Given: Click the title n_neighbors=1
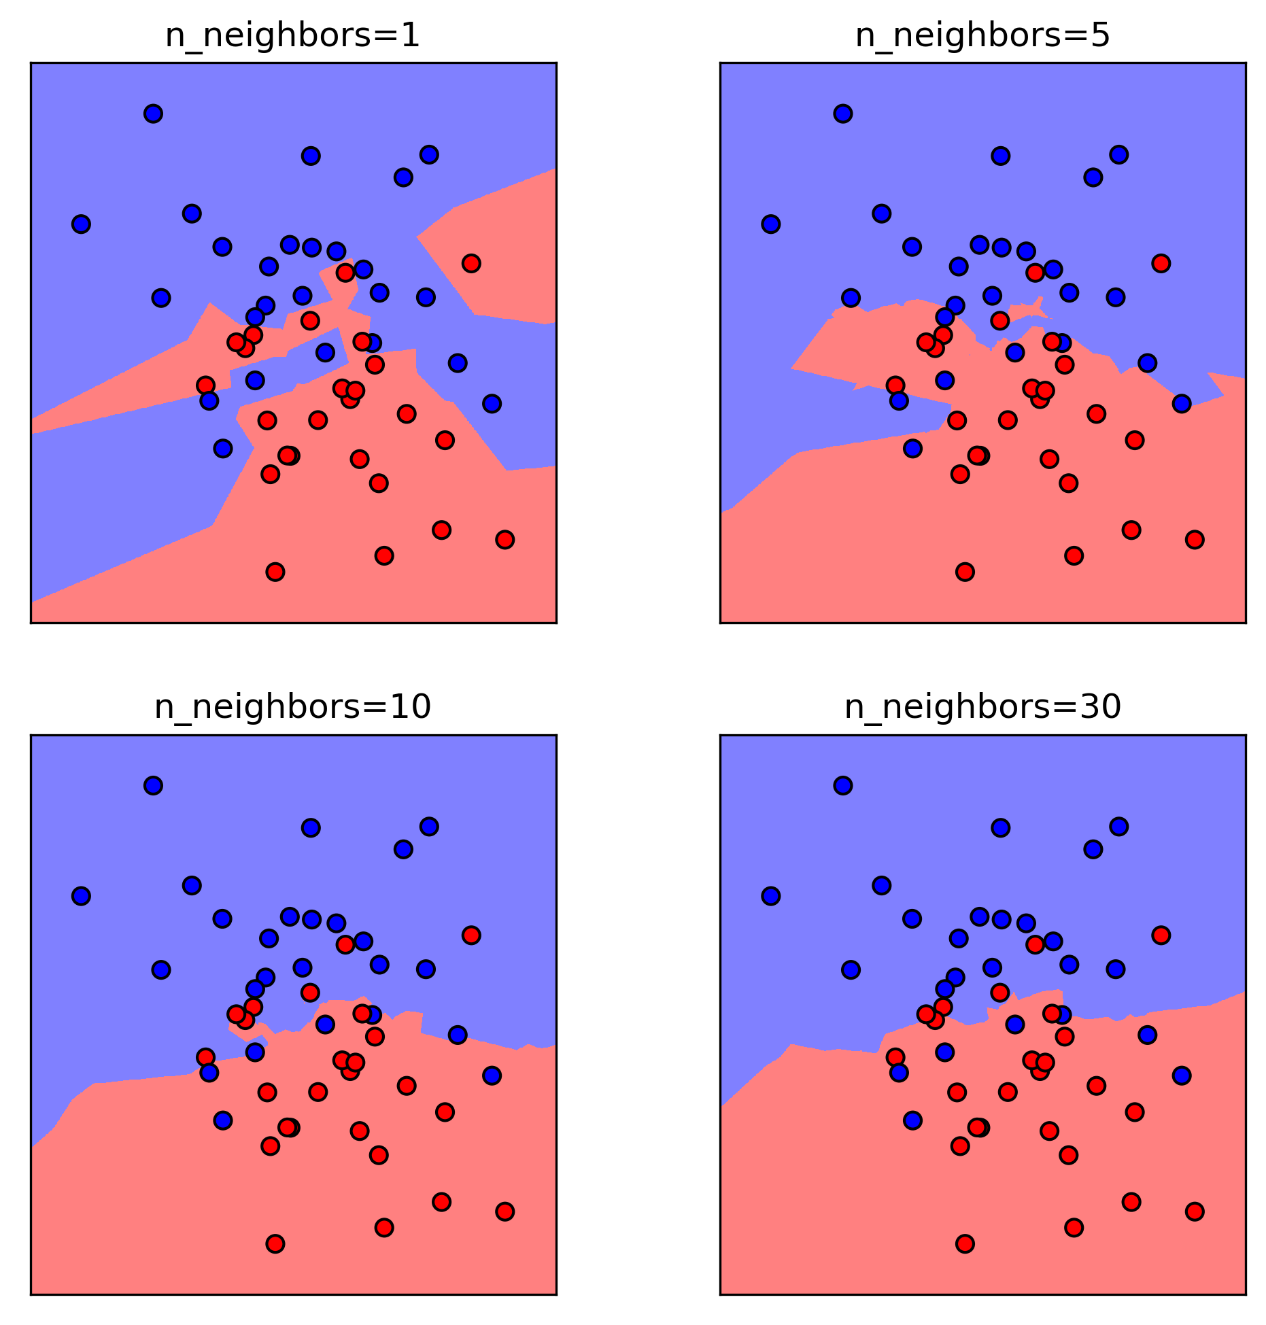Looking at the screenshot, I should [292, 36].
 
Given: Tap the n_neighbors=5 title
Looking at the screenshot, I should [982, 36].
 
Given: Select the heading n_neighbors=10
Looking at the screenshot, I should [292, 707].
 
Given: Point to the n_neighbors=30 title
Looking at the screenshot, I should [982, 707].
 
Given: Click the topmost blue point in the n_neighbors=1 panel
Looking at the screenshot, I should [153, 114].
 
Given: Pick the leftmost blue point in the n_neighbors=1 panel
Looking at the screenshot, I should [81, 224].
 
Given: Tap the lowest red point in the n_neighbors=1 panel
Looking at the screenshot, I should [275, 572].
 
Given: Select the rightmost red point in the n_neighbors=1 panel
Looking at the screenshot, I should [504, 540].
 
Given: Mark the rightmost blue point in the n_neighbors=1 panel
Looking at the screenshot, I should [492, 404].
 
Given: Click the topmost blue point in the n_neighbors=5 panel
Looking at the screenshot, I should [842, 114].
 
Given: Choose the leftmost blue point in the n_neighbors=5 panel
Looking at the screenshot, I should [770, 224].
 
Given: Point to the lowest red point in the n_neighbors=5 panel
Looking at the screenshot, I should [965, 572].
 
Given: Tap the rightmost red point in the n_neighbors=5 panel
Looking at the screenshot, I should [1195, 540].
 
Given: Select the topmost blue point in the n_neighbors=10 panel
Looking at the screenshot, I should [153, 785].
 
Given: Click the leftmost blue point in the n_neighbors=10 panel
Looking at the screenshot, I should [81, 896].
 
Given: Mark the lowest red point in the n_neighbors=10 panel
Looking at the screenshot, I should [275, 1244].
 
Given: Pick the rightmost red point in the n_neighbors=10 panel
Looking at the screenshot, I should [504, 1211].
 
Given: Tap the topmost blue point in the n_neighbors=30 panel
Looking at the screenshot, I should [842, 785].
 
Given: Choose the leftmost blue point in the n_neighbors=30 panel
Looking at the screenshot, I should [770, 896].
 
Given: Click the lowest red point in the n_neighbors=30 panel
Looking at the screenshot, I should [965, 1244].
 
